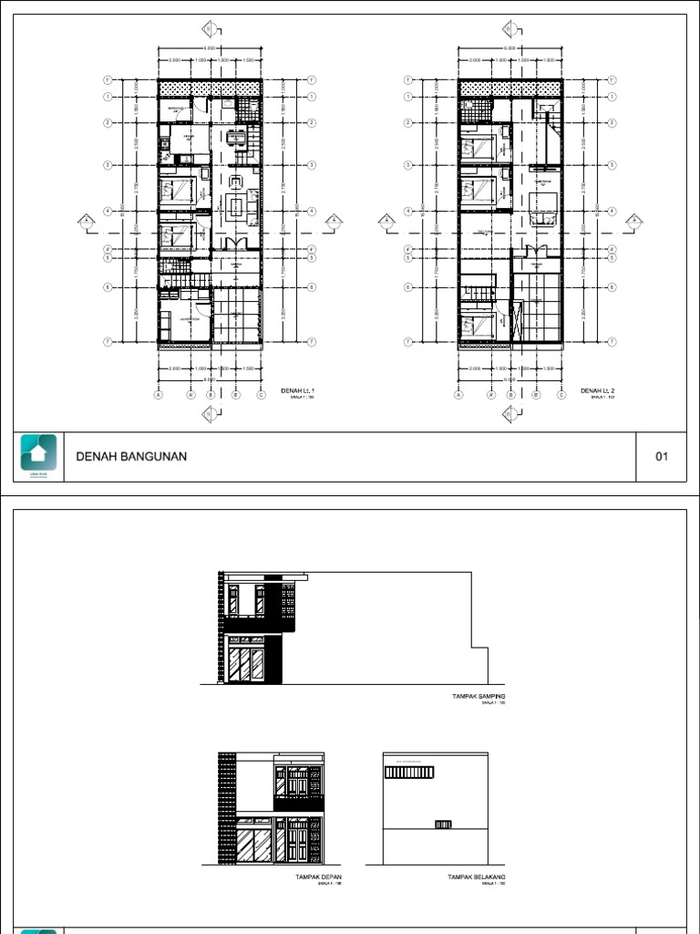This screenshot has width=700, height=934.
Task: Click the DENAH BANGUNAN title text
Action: (131, 457)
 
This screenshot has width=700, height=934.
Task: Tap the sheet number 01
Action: (663, 457)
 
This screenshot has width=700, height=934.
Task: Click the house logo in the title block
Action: (39, 453)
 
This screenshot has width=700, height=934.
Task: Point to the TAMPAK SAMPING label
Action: (479, 696)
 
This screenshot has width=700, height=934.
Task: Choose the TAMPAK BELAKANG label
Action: (476, 877)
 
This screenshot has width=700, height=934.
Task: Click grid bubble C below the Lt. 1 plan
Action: (260, 396)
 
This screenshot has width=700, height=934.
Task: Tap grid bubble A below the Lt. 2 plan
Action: (458, 396)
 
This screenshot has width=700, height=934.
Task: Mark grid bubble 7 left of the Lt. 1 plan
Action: (108, 342)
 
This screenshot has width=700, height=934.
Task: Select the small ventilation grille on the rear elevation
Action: (444, 825)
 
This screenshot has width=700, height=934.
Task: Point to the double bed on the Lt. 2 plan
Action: (543, 212)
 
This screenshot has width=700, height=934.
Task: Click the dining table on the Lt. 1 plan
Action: (236, 140)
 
